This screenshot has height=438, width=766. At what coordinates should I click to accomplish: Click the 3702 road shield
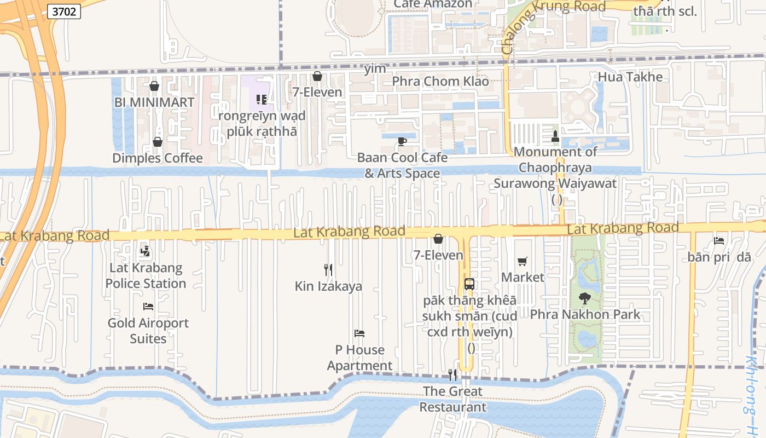[x=64, y=11]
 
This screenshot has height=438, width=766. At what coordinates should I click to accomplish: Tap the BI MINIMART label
[x=154, y=102]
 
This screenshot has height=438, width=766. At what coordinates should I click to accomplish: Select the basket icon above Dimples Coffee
[x=158, y=142]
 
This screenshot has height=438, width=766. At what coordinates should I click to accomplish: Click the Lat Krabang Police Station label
[x=146, y=275]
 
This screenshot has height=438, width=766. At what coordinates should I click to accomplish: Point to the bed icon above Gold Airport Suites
[x=148, y=306]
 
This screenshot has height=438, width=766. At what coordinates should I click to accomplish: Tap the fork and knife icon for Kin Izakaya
[x=328, y=269]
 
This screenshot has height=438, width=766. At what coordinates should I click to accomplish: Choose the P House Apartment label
[x=359, y=358]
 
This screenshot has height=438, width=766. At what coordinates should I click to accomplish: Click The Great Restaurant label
[x=452, y=399]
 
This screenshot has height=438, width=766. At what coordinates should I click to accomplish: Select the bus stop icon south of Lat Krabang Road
[x=469, y=284]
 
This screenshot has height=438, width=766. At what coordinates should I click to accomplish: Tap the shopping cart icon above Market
[x=523, y=262]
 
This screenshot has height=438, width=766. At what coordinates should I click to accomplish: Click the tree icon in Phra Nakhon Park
[x=585, y=298]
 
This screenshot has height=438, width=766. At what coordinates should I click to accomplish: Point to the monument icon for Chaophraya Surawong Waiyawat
[x=555, y=136]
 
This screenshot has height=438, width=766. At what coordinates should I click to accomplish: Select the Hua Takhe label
[x=630, y=77]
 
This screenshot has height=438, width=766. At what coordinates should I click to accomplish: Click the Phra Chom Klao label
[x=440, y=82]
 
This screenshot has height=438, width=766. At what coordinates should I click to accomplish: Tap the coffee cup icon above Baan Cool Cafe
[x=402, y=142]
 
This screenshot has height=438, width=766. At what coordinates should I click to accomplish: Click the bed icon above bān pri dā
[x=719, y=241]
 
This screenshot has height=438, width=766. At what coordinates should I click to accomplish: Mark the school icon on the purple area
[x=261, y=100]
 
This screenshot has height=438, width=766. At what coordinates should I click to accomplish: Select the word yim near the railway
[x=375, y=69]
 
